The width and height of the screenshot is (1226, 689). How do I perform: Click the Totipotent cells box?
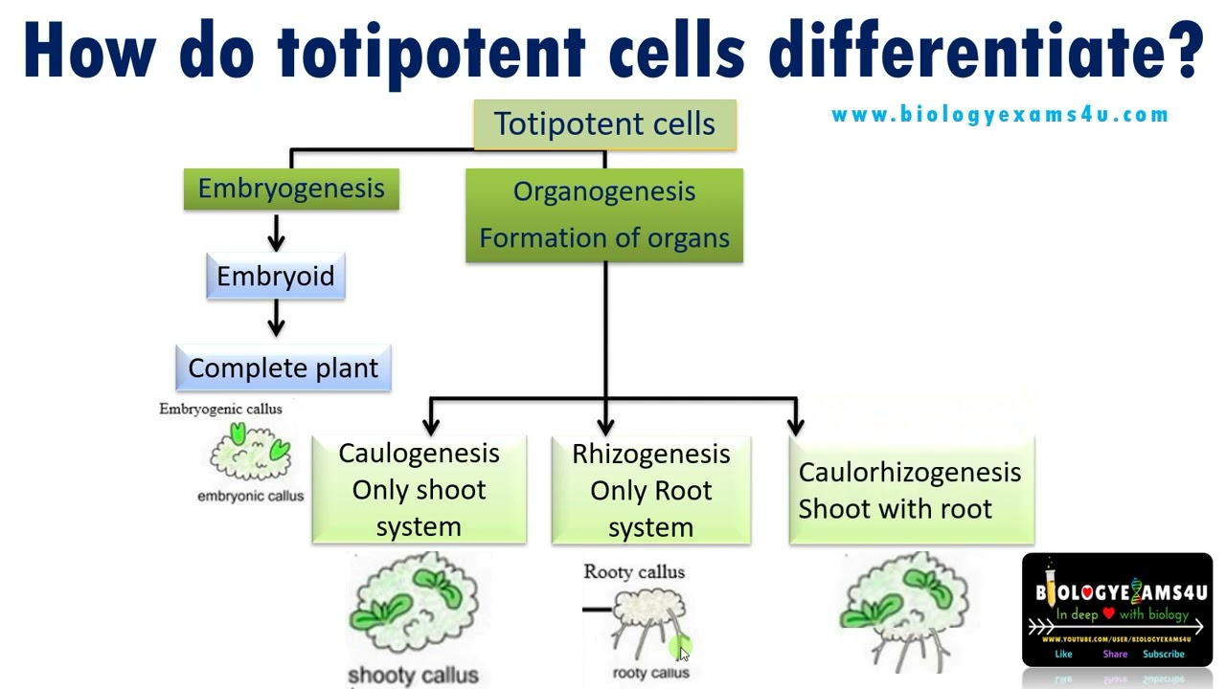click(x=604, y=124)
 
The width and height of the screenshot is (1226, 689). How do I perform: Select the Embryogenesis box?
click(x=291, y=189)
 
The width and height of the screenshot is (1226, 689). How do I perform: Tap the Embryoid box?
click(x=276, y=277)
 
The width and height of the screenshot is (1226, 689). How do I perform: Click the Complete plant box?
click(x=284, y=368)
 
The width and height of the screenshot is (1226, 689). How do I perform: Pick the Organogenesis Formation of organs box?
click(x=604, y=214)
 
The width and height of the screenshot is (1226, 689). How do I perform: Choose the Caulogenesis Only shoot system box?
click(x=419, y=490)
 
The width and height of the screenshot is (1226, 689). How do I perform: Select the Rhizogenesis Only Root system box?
click(x=651, y=490)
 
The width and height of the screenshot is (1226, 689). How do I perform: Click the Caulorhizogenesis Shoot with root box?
click(x=911, y=490)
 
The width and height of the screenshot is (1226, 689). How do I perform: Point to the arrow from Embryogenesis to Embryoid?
click(x=276, y=233)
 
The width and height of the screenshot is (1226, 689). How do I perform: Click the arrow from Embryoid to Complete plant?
click(x=276, y=319)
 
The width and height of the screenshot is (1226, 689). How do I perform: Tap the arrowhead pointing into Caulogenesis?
click(x=431, y=424)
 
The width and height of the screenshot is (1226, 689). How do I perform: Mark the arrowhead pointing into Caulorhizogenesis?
click(x=795, y=424)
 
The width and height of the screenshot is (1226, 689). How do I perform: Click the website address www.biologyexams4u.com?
click(x=1000, y=115)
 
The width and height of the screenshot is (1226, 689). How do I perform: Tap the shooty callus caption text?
click(x=413, y=676)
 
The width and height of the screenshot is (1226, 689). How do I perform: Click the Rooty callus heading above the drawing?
click(x=634, y=572)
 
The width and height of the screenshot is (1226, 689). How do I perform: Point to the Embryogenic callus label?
click(x=220, y=409)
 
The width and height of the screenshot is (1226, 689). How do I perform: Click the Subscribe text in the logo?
click(x=1164, y=655)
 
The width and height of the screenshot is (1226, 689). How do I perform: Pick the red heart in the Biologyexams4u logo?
click(x=1108, y=614)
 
